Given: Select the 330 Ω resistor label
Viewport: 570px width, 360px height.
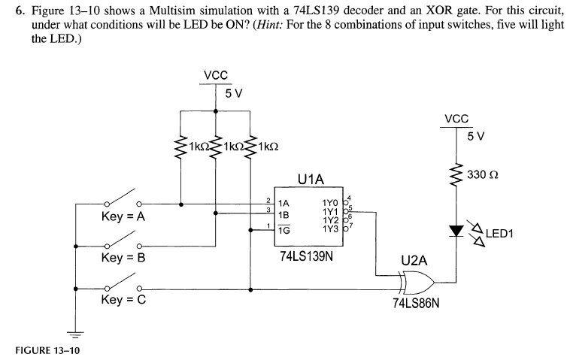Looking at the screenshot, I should pos(483,175).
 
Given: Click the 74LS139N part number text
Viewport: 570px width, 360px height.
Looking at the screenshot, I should pos(306,256).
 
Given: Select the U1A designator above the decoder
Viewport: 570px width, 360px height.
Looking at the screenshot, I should pos(310,180).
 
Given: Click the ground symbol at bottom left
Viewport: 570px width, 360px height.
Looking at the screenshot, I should pos(73,332).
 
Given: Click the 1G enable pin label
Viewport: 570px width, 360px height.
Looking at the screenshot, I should pos(284,230).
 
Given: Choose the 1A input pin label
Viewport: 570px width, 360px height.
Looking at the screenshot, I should pos(284,203).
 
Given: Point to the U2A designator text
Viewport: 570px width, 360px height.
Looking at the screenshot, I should pos(414,261).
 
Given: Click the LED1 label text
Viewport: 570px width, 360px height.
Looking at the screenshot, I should pos(499,233).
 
